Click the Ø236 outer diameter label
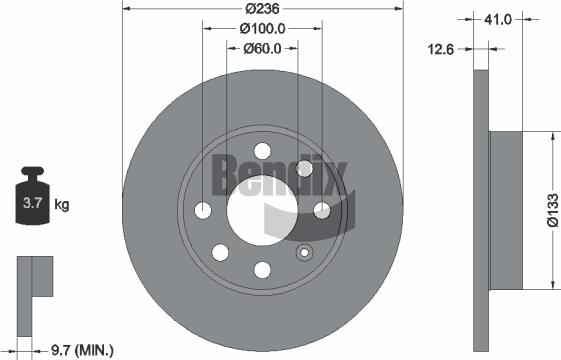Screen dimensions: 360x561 (x=262, y=10)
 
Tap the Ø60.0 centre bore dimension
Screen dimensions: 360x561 (x=262, y=48)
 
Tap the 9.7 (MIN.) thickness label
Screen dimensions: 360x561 (x=82, y=349)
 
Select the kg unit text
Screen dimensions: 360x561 (x=61, y=205)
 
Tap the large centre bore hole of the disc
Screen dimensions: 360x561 (x=262, y=210)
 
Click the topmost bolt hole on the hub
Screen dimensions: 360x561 (x=262, y=151)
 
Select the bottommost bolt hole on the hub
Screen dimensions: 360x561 (x=262, y=269)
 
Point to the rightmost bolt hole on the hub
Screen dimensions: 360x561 (x=322, y=210)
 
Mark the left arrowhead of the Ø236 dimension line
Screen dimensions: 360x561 (x=126, y=10)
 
